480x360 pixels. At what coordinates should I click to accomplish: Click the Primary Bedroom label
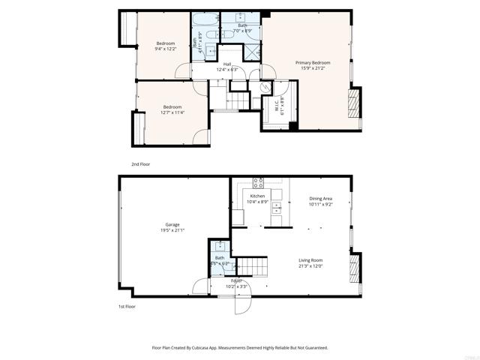click(313, 62)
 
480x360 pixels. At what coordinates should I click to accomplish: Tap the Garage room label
click(172, 224)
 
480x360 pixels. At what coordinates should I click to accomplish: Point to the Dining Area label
click(321, 199)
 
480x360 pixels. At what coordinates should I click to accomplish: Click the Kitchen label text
click(257, 196)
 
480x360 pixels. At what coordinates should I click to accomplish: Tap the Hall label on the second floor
click(226, 64)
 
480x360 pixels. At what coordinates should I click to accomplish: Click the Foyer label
click(236, 280)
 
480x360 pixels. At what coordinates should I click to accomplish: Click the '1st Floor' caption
click(127, 307)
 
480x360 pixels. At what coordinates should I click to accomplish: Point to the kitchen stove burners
click(258, 181)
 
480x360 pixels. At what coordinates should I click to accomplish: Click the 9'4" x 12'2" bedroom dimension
click(165, 49)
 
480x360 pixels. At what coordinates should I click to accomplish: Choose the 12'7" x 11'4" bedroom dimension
click(172, 112)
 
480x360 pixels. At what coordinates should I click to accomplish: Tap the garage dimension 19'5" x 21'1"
click(172, 230)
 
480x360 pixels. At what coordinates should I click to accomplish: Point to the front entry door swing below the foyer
click(242, 303)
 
